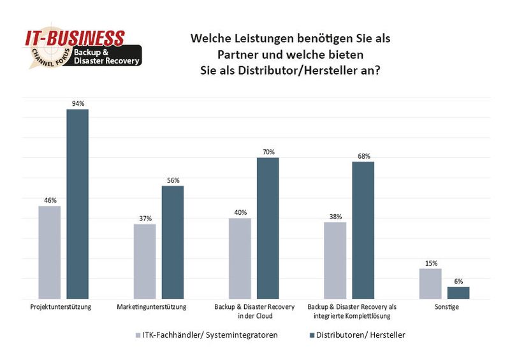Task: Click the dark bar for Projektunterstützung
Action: (x=78, y=204)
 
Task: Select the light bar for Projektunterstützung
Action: (x=49, y=252)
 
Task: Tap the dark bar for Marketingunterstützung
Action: (x=172, y=242)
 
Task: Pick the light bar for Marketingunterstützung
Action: (x=145, y=261)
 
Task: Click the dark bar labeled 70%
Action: (x=268, y=228)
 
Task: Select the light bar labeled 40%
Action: (x=240, y=258)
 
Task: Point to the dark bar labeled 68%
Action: (x=363, y=230)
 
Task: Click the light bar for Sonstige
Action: (x=430, y=284)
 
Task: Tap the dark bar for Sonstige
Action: (x=458, y=292)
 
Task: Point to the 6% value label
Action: (x=458, y=281)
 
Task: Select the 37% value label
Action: (x=145, y=219)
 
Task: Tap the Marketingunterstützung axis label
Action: (x=152, y=307)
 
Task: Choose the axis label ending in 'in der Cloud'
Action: (x=254, y=311)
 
